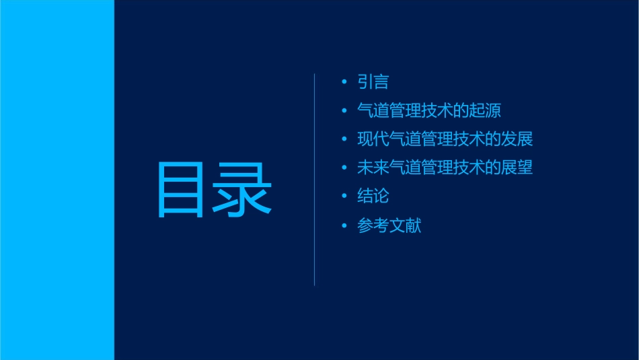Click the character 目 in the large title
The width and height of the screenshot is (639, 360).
[180, 190]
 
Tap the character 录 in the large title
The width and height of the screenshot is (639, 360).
[243, 190]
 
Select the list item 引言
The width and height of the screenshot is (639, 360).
[373, 82]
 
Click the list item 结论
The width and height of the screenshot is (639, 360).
[373, 196]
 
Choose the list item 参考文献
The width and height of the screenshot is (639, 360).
[389, 225]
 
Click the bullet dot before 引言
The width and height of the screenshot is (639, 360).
[345, 82]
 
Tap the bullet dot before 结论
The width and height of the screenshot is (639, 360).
[345, 196]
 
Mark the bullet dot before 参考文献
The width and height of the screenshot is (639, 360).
[345, 225]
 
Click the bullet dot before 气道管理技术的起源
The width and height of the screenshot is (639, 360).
[345, 110]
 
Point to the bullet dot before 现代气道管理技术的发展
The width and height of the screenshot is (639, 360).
[345, 139]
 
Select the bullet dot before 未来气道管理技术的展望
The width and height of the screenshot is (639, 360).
[345, 168]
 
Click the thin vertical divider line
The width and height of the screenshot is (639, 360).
[315, 179]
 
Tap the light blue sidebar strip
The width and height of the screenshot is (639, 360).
[57, 180]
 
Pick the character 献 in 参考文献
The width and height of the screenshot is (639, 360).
[414, 225]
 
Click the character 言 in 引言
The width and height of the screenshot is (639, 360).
[381, 82]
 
